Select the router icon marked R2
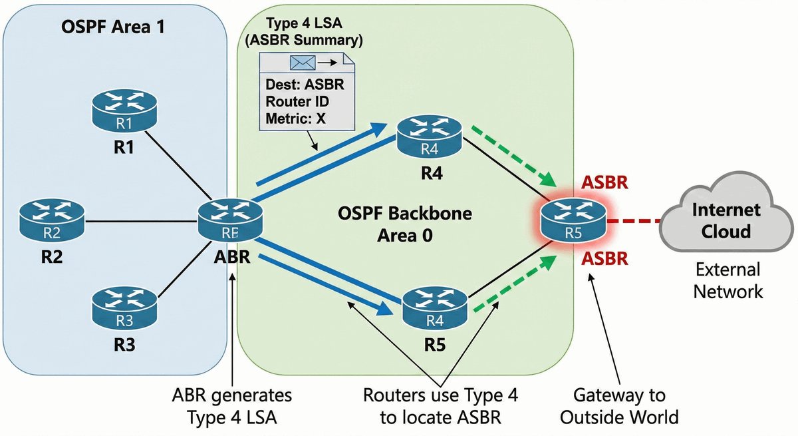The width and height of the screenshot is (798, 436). pyautogui.click(x=51, y=221)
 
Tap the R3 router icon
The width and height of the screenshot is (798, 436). pyautogui.click(x=124, y=307)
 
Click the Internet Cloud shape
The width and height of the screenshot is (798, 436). pyautogui.click(x=726, y=220)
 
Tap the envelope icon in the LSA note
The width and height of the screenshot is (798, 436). pyautogui.click(x=301, y=64)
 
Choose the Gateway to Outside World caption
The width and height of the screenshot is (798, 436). pyautogui.click(x=619, y=406)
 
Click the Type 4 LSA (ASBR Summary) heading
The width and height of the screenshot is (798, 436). pyautogui.click(x=303, y=31)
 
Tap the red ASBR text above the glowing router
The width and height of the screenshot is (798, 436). pyautogui.click(x=604, y=183)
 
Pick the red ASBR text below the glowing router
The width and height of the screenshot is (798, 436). pyautogui.click(x=604, y=258)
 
